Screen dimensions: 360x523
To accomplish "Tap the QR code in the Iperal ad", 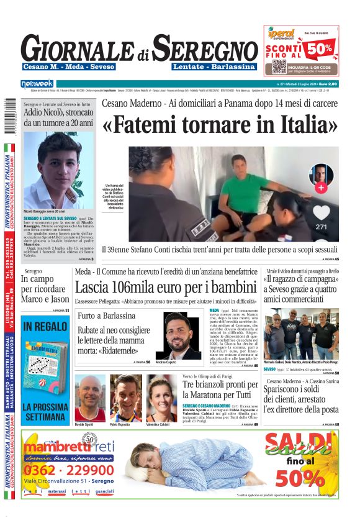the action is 279,66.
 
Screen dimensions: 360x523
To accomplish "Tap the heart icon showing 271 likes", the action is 321,212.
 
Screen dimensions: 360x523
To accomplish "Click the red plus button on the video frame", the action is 321,187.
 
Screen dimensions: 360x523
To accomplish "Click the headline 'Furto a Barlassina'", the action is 103,316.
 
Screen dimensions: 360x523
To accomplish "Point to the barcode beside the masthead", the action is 7,119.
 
